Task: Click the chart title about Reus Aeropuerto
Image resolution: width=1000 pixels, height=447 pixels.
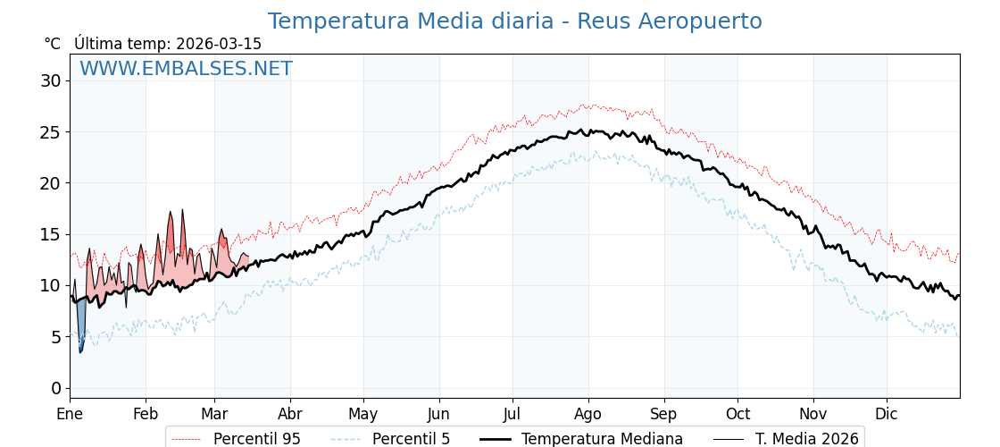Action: tap(514, 21)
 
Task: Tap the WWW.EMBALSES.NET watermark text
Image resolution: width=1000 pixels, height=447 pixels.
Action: tap(186, 69)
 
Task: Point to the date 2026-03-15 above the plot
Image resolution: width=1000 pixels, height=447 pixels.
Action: tap(219, 44)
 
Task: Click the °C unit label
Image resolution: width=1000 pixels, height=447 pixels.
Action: tap(52, 44)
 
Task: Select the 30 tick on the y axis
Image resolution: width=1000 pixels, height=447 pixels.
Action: tap(50, 80)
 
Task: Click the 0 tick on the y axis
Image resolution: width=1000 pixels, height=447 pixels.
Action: tap(56, 388)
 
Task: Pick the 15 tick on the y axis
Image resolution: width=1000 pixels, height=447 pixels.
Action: tap(50, 234)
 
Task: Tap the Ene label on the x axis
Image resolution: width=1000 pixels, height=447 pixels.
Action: tap(70, 414)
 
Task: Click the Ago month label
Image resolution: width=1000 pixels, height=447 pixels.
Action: tap(587, 414)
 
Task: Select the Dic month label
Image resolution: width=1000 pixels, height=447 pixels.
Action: tap(887, 414)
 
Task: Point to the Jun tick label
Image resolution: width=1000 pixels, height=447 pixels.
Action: tap(438, 414)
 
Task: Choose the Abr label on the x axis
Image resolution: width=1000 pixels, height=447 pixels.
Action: tap(290, 414)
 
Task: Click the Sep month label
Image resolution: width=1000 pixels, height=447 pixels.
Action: tap(663, 414)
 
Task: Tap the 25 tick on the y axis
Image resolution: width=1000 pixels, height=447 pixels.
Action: tap(50, 131)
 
